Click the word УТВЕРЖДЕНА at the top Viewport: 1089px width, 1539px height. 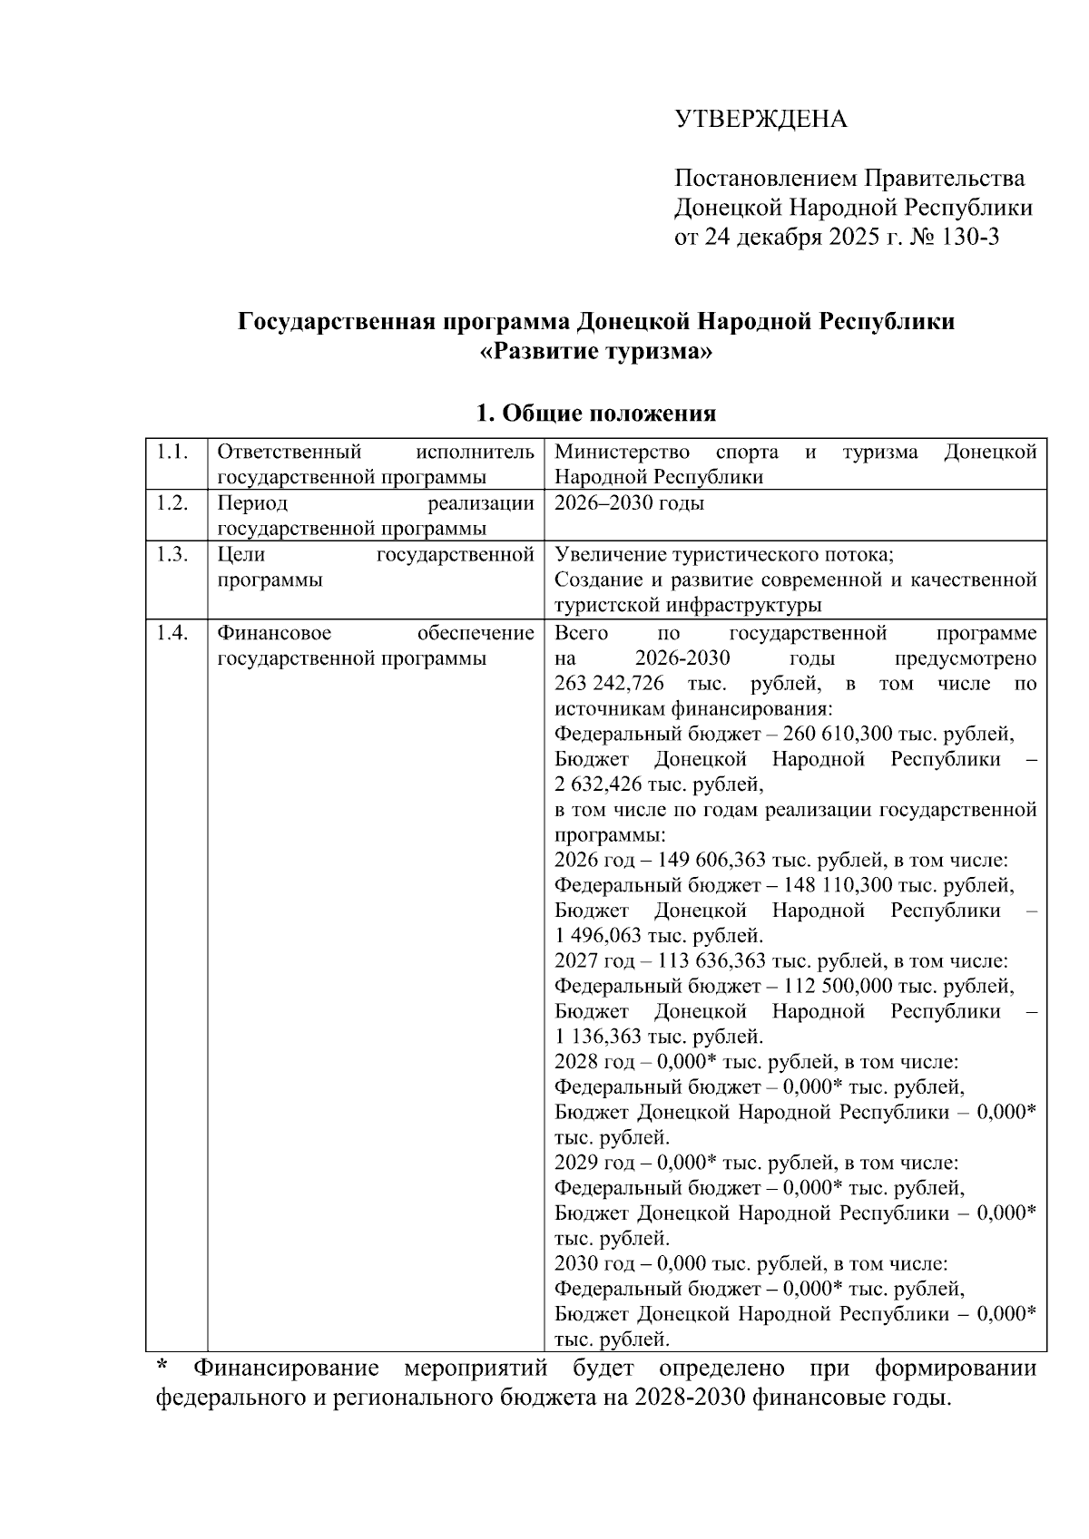point(760,120)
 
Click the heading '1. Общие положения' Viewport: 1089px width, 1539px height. point(595,414)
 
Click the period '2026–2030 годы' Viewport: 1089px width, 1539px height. point(629,503)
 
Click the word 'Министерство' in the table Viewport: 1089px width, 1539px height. point(621,452)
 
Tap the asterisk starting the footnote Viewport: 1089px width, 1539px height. point(162,1366)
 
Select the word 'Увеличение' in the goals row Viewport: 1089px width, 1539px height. point(609,555)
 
